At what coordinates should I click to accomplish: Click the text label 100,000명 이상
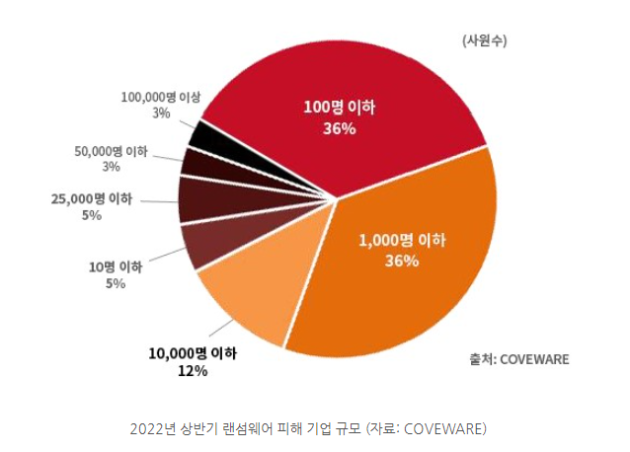click(x=161, y=97)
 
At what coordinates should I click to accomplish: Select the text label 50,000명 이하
click(x=111, y=151)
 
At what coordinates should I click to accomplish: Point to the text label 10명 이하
click(x=116, y=266)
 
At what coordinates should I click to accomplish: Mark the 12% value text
click(x=193, y=371)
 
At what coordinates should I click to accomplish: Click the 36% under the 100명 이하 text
click(x=339, y=127)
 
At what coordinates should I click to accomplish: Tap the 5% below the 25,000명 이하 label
click(x=92, y=215)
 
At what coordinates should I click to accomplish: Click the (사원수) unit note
click(x=484, y=40)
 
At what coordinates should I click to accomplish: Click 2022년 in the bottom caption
click(x=151, y=428)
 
